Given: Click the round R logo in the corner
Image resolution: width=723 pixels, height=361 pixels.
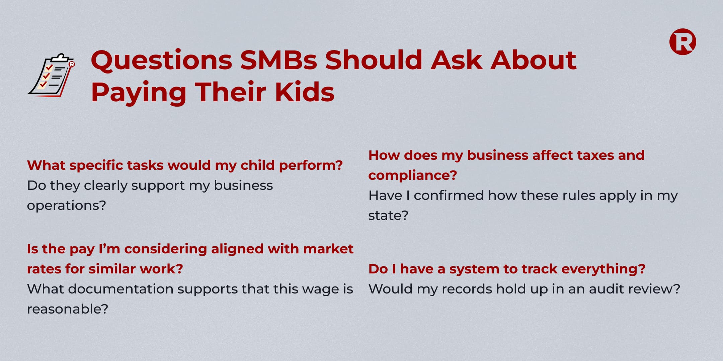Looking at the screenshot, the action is (682, 42).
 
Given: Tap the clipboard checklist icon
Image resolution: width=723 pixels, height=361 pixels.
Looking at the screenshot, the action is (51, 75).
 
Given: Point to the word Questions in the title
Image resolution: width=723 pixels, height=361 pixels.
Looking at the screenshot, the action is (162, 61).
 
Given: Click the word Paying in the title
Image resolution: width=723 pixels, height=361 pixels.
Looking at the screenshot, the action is (139, 93).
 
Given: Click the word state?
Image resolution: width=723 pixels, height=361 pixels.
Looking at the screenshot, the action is (388, 216).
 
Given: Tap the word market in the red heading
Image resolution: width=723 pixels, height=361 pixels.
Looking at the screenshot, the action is (328, 249).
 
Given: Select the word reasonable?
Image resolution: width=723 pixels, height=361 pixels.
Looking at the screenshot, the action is (68, 309).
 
